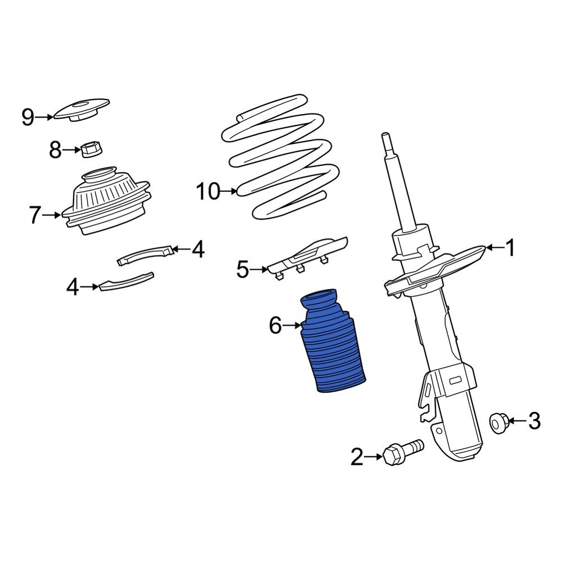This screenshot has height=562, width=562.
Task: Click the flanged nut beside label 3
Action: (x=498, y=422)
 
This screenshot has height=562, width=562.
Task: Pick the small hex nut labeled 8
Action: (x=90, y=150)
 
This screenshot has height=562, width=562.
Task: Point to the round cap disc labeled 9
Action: (x=81, y=110)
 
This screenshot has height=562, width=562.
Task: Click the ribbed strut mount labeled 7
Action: (x=107, y=202)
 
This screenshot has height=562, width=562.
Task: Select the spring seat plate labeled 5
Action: (x=309, y=256)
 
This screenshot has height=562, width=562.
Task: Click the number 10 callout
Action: (x=207, y=192)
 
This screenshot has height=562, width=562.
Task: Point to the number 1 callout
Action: (x=510, y=248)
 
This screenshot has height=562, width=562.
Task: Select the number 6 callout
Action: (x=274, y=325)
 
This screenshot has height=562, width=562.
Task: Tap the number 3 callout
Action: (x=534, y=420)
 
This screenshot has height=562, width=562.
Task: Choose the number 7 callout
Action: (x=35, y=215)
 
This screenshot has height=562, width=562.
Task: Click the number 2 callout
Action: (x=357, y=457)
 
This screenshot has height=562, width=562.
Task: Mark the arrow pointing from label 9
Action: (x=44, y=117)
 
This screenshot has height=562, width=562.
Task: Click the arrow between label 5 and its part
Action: (x=259, y=270)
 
